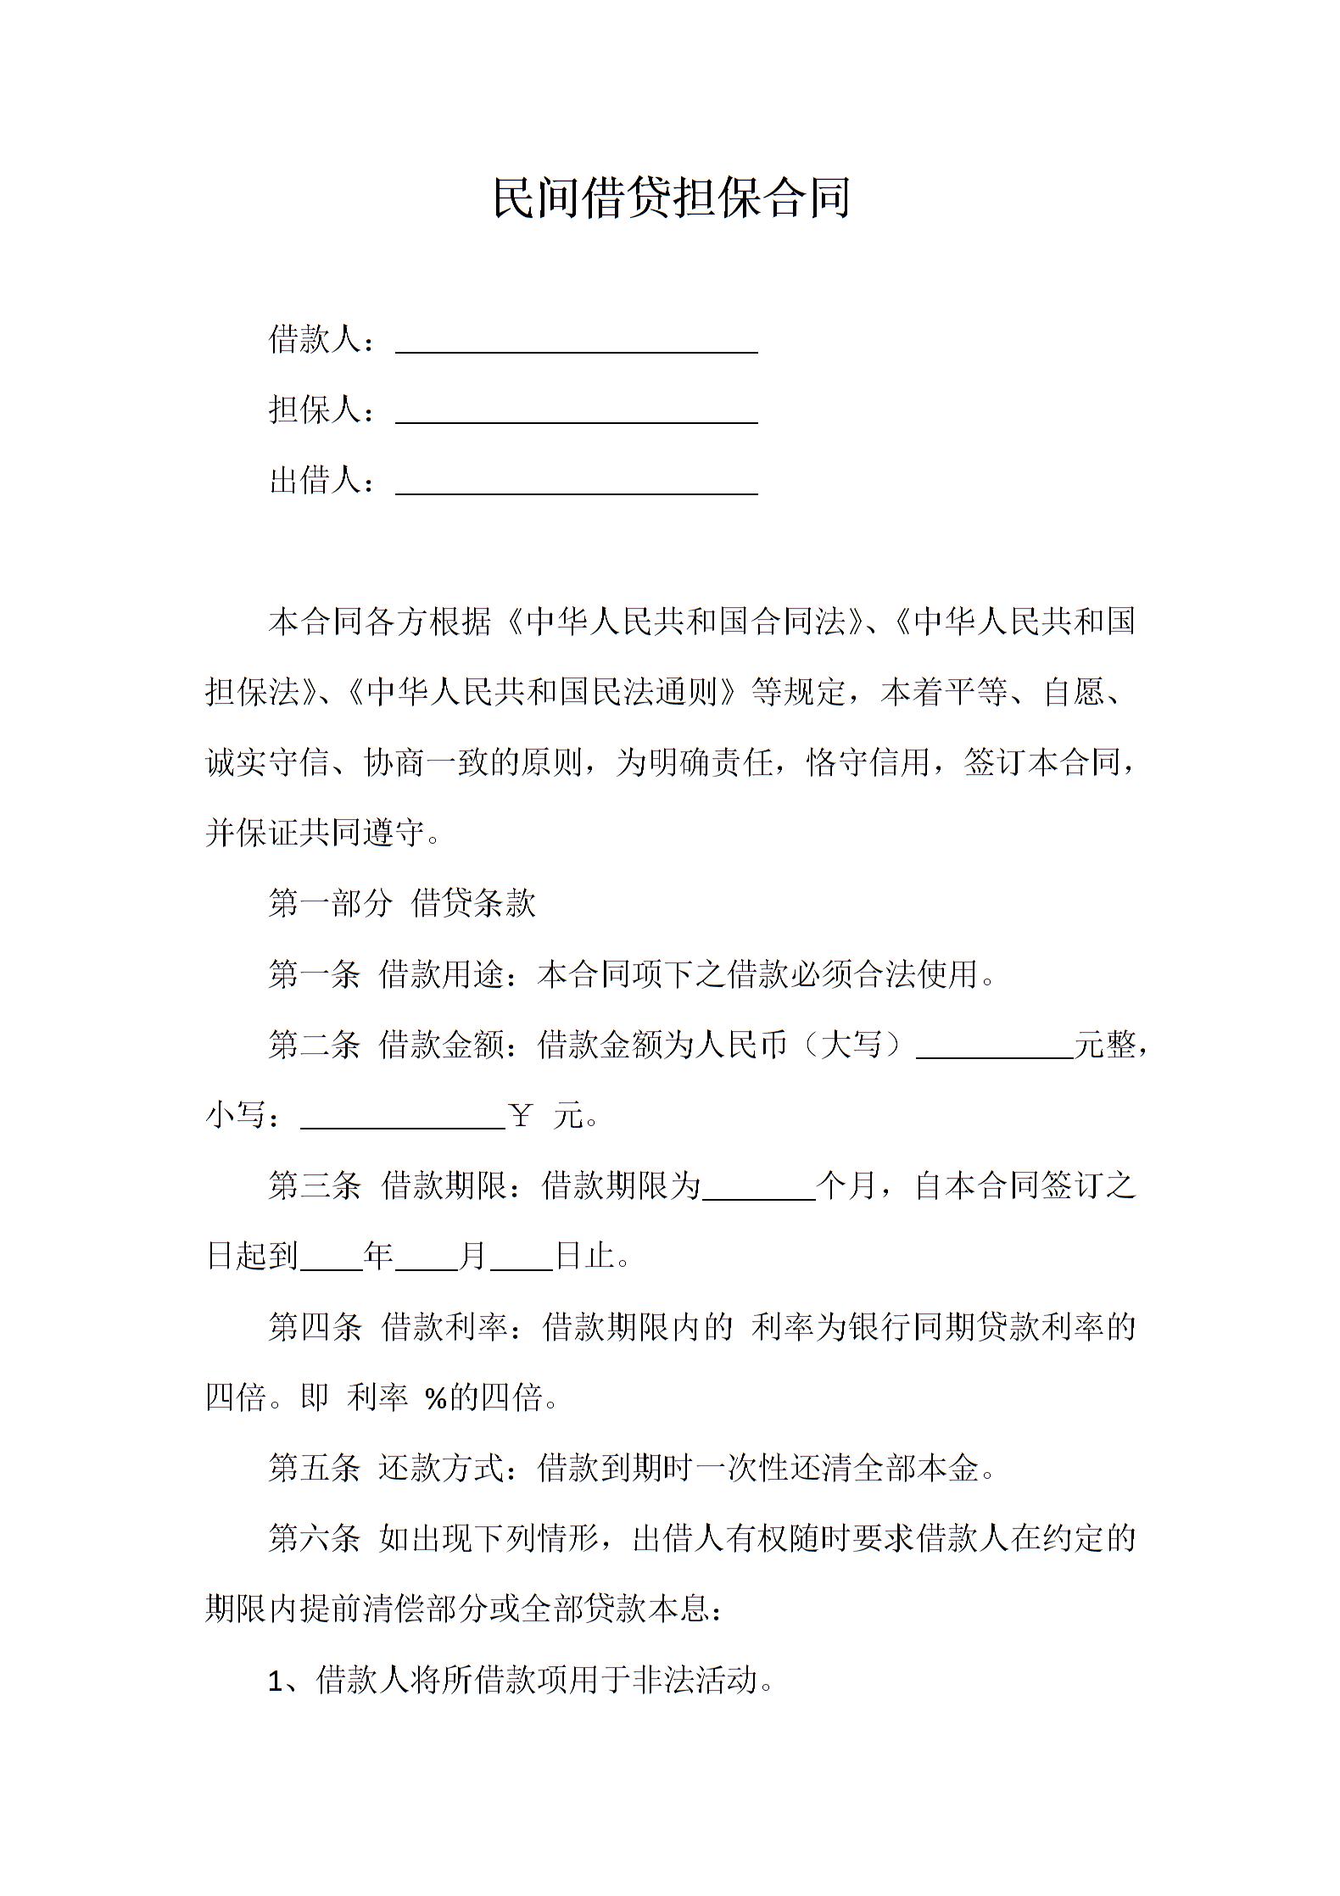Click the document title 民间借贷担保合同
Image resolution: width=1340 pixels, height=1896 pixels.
(x=670, y=198)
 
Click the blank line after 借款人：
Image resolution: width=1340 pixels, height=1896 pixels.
(x=576, y=344)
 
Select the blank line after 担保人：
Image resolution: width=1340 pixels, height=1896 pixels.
(x=576, y=415)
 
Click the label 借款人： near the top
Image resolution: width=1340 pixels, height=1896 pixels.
(x=321, y=339)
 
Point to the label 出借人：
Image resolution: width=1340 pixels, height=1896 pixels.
(x=321, y=481)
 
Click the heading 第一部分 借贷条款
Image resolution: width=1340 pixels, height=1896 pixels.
(x=401, y=903)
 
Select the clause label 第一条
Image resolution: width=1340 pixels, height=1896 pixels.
(x=314, y=974)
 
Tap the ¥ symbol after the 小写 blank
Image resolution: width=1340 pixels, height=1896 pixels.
(x=521, y=1114)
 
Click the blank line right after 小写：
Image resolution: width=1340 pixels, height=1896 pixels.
(x=403, y=1120)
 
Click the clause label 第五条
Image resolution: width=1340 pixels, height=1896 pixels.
(x=314, y=1467)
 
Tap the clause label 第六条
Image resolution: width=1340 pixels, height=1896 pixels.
(x=314, y=1537)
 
